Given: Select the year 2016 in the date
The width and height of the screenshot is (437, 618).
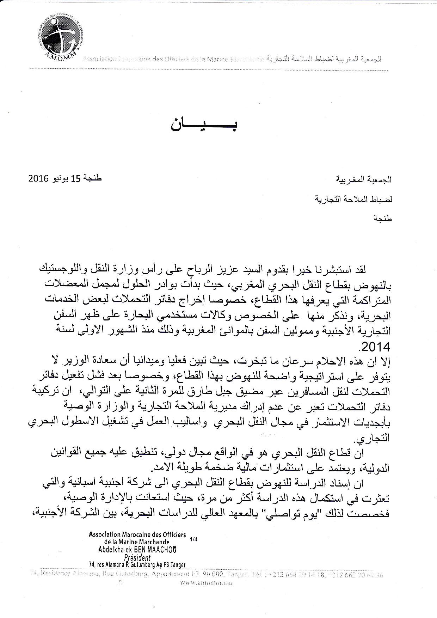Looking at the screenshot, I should [x=38, y=178].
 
